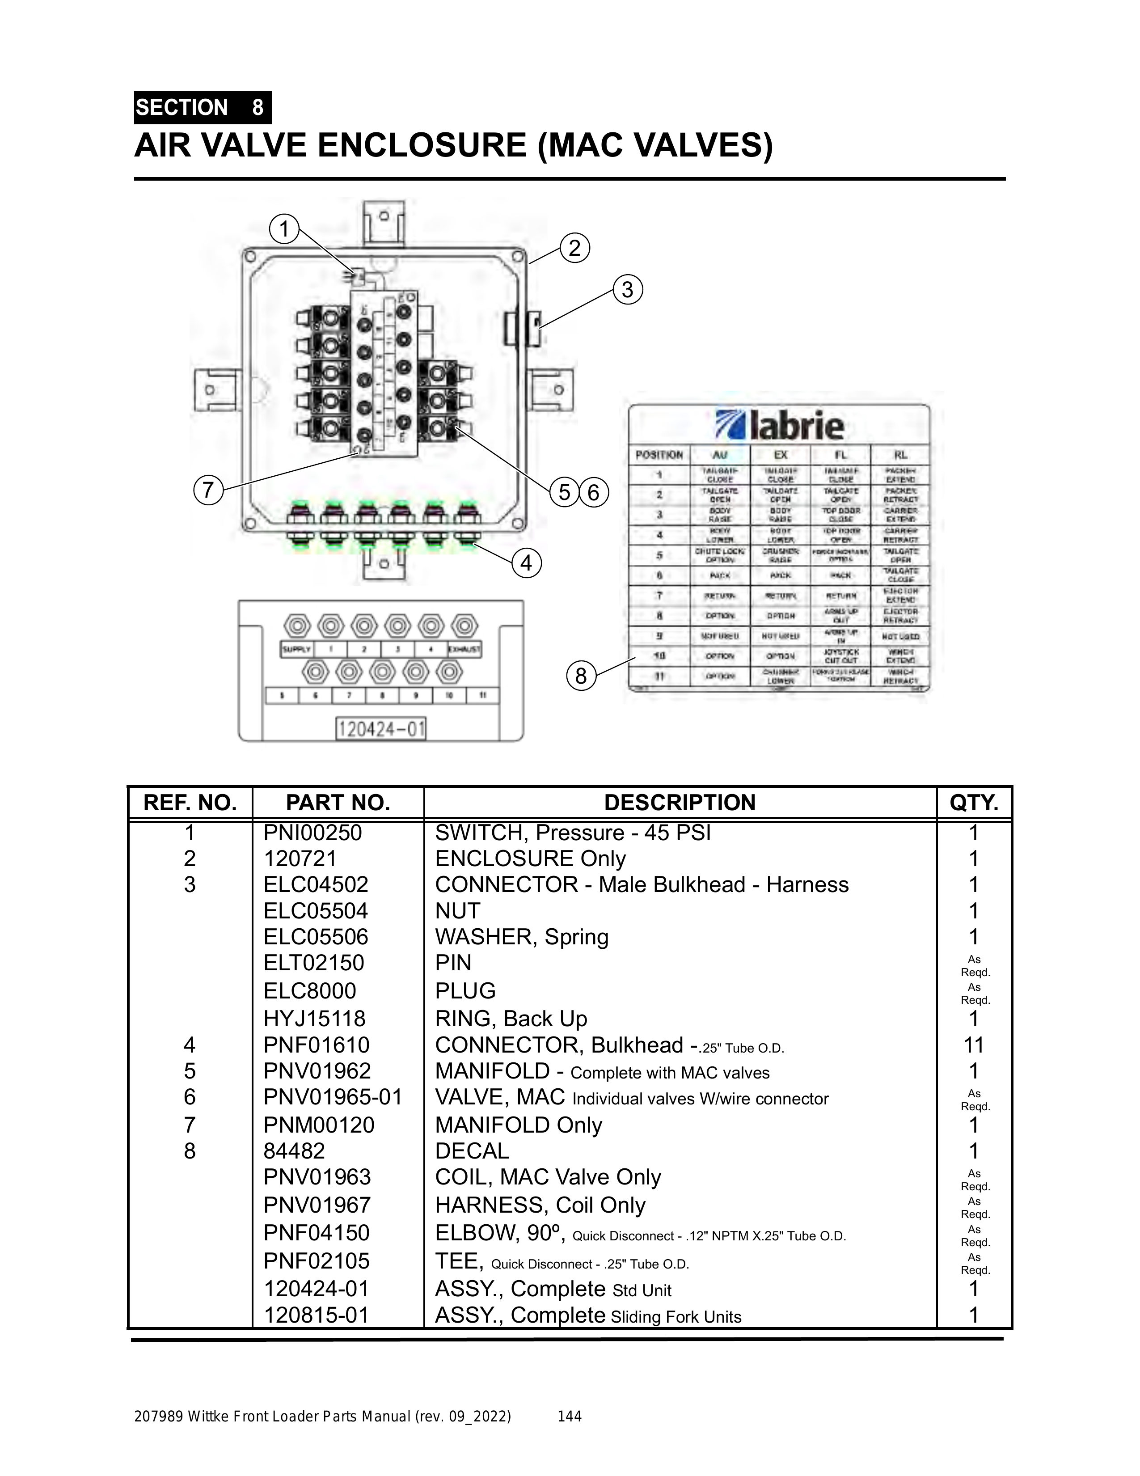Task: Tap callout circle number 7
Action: click(208, 489)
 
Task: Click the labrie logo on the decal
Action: click(780, 426)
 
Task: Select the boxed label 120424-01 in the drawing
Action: click(381, 729)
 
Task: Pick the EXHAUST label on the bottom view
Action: click(464, 650)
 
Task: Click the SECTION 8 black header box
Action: click(202, 107)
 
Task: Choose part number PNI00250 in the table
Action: click(313, 833)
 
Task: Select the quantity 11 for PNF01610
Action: click(973, 1045)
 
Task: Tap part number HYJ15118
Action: click(314, 1019)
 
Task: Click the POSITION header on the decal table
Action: click(659, 455)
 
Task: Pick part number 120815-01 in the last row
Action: click(316, 1315)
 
